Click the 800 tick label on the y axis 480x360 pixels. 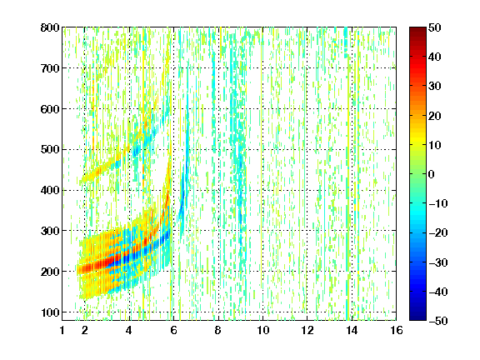[50, 27]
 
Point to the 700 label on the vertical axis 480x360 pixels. [50, 68]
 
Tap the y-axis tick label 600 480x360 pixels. [50, 109]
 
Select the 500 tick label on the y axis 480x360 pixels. [50, 150]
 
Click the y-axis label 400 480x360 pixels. [50, 190]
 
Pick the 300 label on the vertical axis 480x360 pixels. [50, 231]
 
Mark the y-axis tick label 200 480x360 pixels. [50, 272]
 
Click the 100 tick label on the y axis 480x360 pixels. [50, 312]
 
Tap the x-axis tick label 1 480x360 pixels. [62, 330]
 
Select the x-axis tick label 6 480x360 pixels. [173, 330]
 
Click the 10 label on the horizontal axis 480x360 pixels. [263, 330]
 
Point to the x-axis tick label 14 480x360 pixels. [352, 330]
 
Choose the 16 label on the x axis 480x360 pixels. [397, 330]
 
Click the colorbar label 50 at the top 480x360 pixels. [435, 27]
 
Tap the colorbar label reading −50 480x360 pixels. [438, 321]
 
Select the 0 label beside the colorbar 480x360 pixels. [432, 174]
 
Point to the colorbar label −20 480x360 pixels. [438, 232]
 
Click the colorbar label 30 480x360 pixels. [435, 87]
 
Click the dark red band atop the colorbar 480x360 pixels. [417, 33]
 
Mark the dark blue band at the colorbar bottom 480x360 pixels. [417, 314]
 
